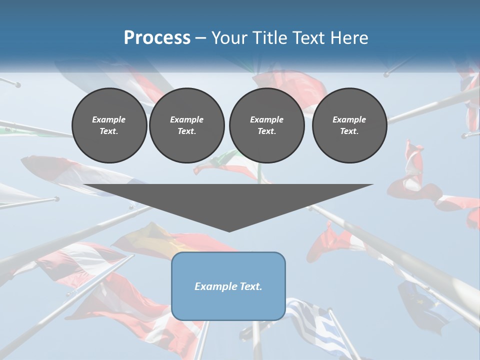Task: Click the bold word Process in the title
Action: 157,38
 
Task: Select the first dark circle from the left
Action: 109,125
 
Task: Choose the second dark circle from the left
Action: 186,125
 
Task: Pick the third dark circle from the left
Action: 266,125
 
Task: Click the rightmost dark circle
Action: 349,125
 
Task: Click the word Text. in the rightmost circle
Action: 349,131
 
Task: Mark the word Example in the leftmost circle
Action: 109,120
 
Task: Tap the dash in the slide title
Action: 201,38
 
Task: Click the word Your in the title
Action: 227,38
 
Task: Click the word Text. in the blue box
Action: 249,286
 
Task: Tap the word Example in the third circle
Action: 266,120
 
